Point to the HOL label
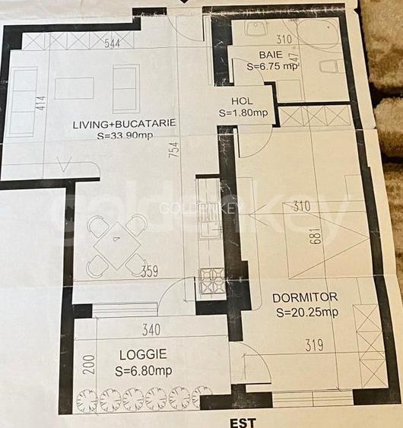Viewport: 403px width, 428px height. tap(243, 101)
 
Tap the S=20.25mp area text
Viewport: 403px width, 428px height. tap(307, 312)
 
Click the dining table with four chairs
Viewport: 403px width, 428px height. tap(116, 244)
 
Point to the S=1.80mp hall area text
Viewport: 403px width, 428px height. tap(243, 113)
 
